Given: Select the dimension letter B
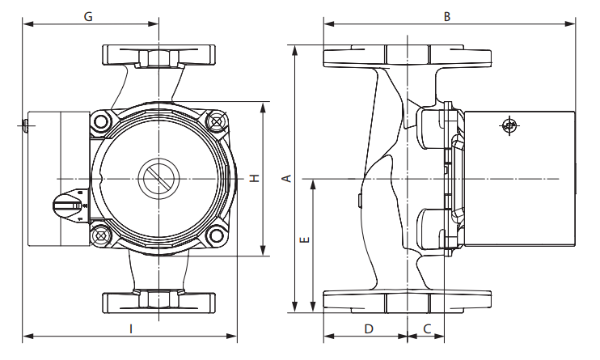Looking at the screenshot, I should [446, 15].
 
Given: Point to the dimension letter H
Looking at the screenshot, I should [254, 178].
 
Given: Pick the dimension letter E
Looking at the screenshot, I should [303, 241].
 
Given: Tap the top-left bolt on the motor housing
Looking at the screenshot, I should [101, 123].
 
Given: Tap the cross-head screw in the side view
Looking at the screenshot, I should [509, 125].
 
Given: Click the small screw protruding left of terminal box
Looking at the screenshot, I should [23, 125].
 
